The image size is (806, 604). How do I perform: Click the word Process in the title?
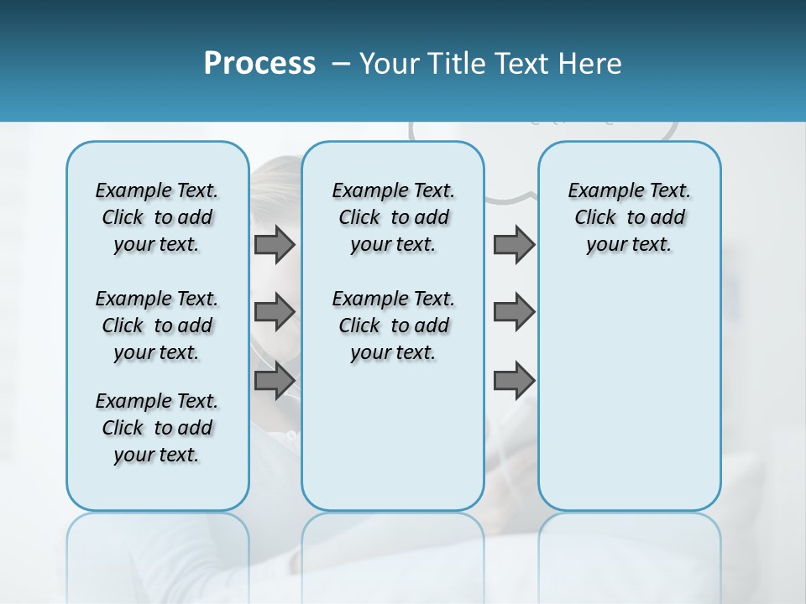click(x=259, y=64)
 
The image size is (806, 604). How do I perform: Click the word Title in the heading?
click(x=455, y=64)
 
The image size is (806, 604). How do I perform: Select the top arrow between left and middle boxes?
click(x=275, y=244)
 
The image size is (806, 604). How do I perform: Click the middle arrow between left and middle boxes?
click(x=275, y=312)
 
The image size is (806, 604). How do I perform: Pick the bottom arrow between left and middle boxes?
click(x=275, y=380)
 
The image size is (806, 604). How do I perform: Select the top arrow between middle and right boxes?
click(x=514, y=244)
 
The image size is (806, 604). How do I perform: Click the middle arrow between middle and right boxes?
click(x=514, y=312)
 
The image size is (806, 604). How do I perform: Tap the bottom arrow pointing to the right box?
click(x=514, y=380)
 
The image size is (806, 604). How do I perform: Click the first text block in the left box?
click(x=157, y=217)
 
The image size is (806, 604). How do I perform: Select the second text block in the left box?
click(x=157, y=325)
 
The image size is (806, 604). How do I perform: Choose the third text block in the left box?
click(x=157, y=428)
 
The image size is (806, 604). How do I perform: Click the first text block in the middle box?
click(x=393, y=217)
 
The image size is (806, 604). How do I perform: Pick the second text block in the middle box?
click(x=393, y=325)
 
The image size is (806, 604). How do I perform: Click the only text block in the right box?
click(x=629, y=217)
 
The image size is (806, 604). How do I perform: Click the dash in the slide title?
click(x=341, y=65)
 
